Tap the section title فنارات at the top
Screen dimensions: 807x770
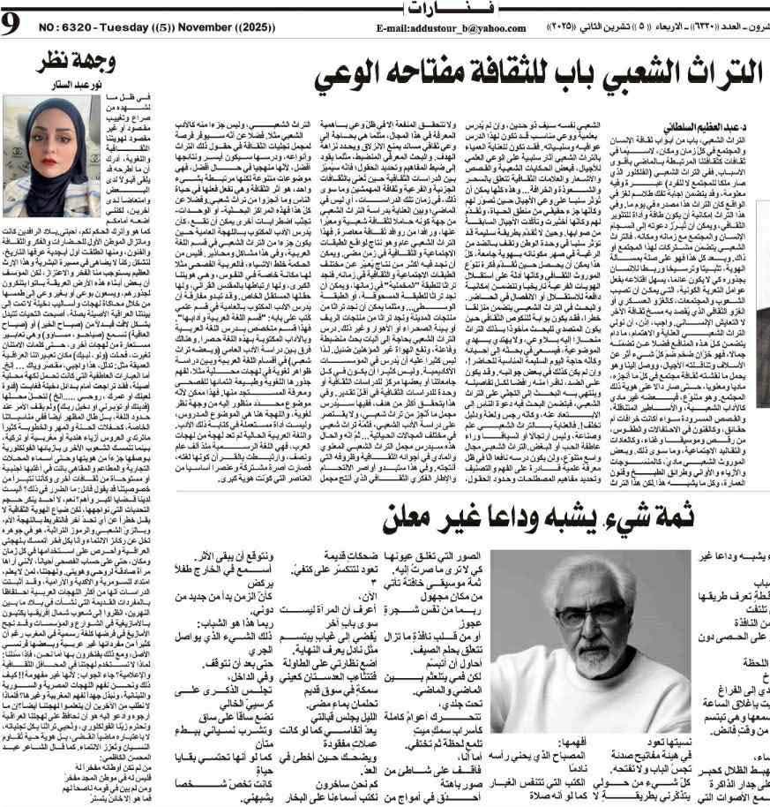pyautogui.click(x=385, y=8)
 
